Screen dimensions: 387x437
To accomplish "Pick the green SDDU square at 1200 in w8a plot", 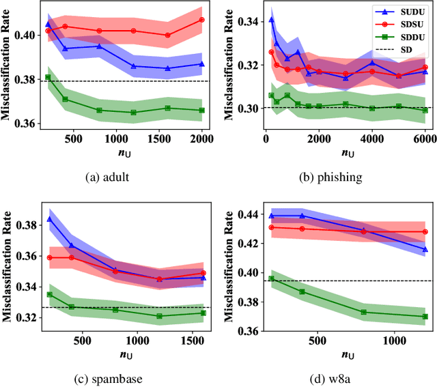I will pyautogui.click(x=425, y=317).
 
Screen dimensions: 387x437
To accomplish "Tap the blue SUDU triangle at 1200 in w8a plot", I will pyautogui.click(x=425, y=249).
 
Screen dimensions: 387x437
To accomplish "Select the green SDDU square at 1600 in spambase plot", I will pyautogui.click(x=203, y=313).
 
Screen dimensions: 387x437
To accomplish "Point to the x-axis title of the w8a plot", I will pyautogui.click(x=348, y=355).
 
